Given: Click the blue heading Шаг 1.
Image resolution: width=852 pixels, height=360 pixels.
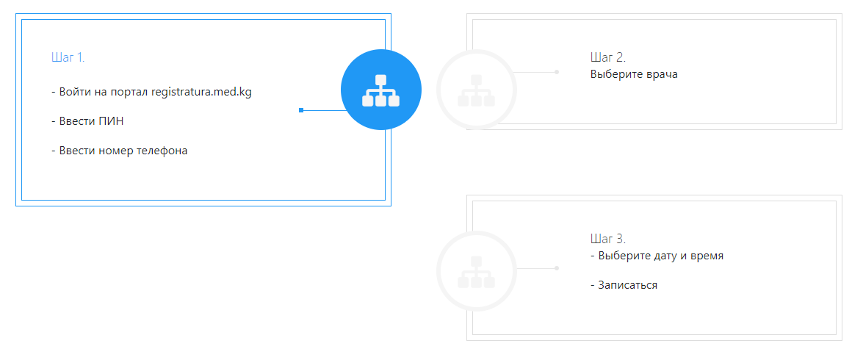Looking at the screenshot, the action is (x=68, y=57).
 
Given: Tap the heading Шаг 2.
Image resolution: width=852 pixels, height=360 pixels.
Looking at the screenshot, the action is (x=608, y=57).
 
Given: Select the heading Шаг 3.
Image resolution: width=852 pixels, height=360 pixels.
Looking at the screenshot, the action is (x=608, y=238).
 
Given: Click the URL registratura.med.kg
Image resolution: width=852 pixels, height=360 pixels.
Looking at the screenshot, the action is (x=201, y=93).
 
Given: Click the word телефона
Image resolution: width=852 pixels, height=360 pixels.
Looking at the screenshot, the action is (x=162, y=151).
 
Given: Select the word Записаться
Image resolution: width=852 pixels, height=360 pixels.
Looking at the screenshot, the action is (x=627, y=285).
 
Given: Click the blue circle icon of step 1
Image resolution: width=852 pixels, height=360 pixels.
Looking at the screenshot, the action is (x=381, y=90).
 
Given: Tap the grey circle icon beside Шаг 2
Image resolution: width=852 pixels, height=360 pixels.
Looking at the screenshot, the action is (x=477, y=90).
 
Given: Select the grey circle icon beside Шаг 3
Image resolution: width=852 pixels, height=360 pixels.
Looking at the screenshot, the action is (x=477, y=271).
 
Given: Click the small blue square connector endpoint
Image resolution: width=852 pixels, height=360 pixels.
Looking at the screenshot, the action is (x=301, y=110).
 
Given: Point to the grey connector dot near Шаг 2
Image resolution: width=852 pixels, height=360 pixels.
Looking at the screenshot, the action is (x=557, y=72).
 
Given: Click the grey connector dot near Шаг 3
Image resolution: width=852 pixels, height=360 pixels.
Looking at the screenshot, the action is (x=557, y=268).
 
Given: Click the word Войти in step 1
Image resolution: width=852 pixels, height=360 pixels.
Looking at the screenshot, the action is (x=74, y=92).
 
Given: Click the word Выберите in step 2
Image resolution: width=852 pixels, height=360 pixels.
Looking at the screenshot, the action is (x=617, y=74).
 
